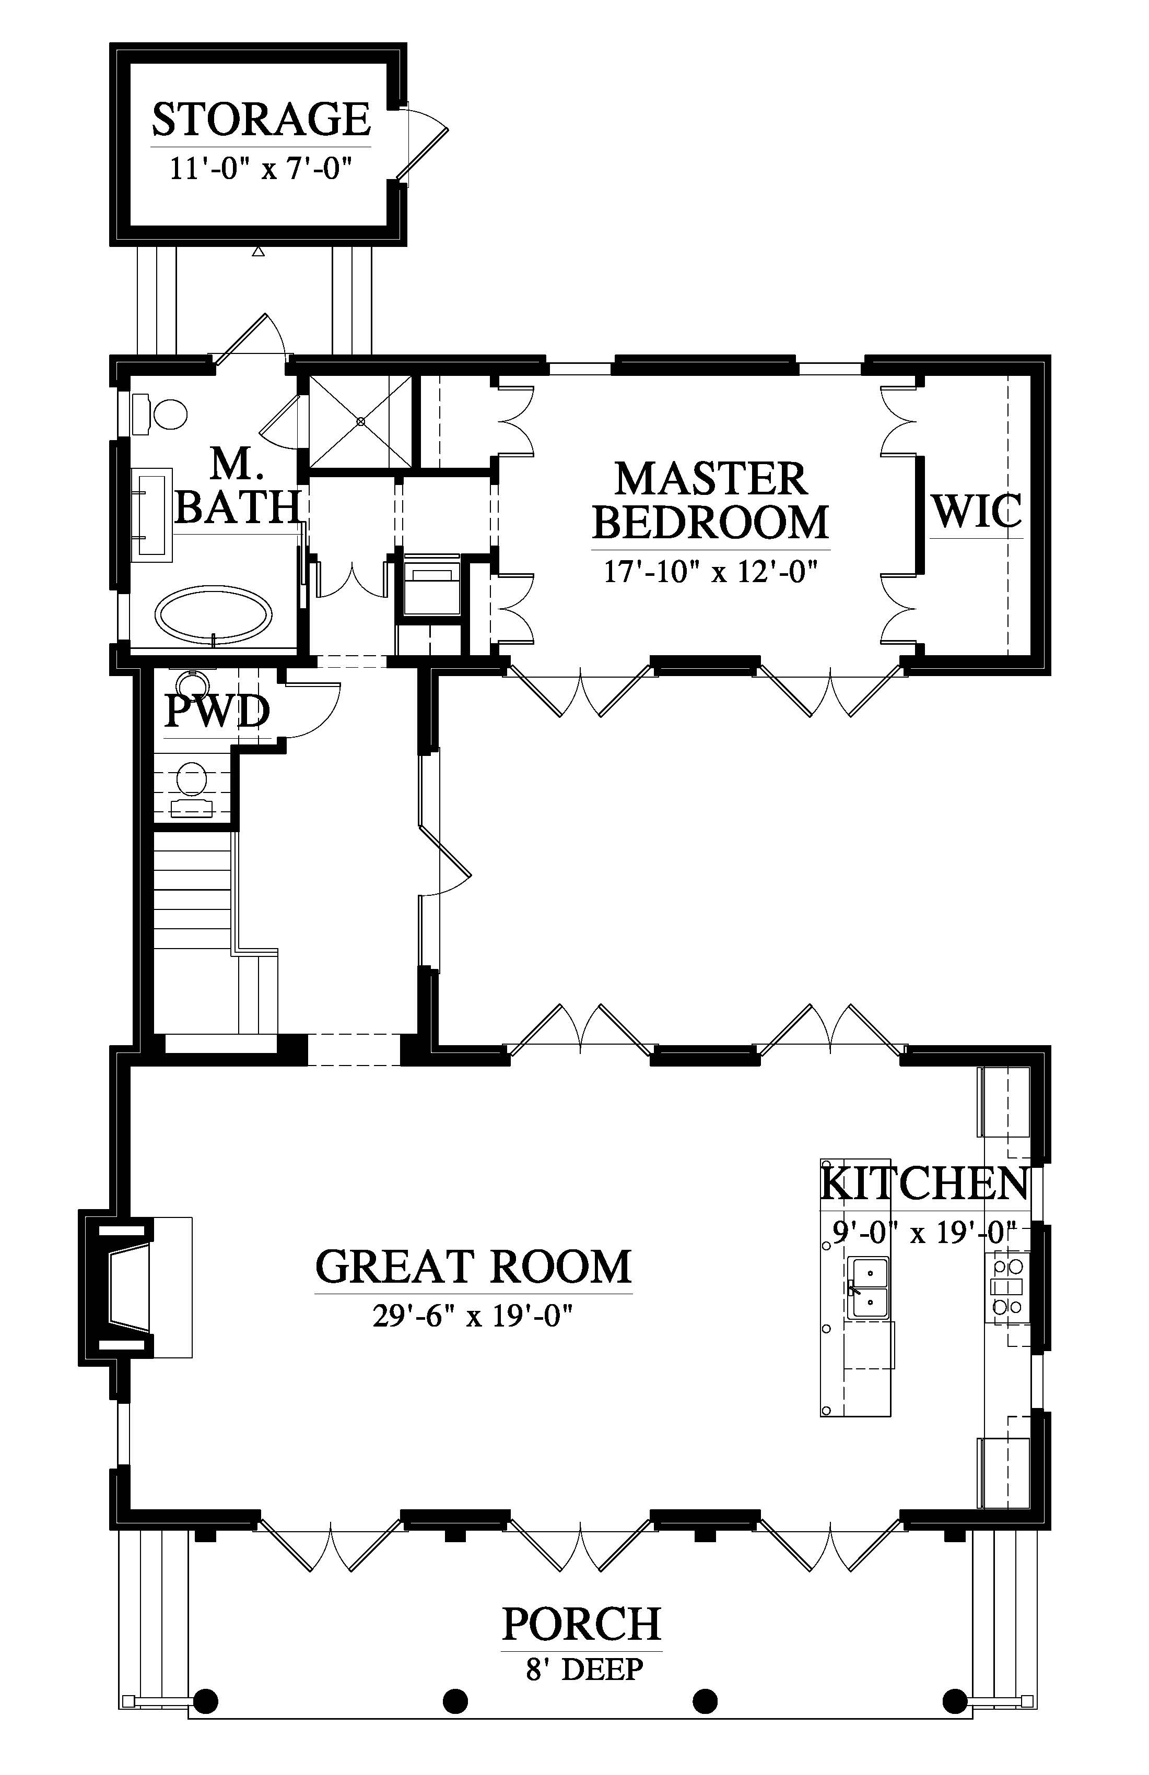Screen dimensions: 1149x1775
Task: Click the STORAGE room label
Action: pyautogui.click(x=261, y=120)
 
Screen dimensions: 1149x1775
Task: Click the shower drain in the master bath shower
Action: pyautogui.click(x=361, y=421)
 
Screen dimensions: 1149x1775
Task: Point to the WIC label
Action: pyautogui.click(x=976, y=512)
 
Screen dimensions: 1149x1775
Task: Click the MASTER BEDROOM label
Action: pyautogui.click(x=711, y=501)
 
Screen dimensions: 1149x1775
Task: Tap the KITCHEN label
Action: pyautogui.click(x=925, y=1184)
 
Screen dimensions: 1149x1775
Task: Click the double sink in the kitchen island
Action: pyautogui.click(x=867, y=1286)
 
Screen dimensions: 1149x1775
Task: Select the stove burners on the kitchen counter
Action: pyautogui.click(x=1007, y=1286)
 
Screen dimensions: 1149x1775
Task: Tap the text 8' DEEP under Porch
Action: pyautogui.click(x=584, y=1669)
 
